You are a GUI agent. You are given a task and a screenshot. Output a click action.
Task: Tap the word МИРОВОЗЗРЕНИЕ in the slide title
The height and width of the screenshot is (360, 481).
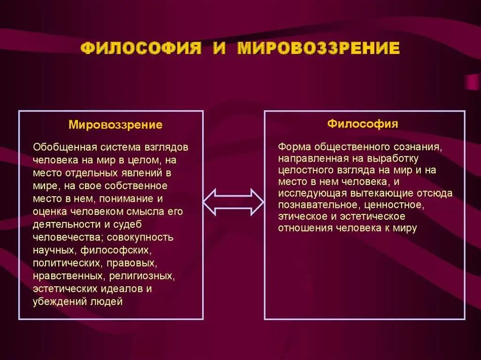[319, 49]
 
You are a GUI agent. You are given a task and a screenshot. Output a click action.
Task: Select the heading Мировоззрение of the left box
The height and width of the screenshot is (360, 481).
[116, 125]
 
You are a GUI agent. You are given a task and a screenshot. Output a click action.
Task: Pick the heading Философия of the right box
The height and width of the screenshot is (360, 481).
[363, 124]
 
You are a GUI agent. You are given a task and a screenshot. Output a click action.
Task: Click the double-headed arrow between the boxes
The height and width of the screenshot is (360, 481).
[233, 202]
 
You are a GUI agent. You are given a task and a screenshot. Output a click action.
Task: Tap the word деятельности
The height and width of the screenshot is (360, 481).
[62, 224]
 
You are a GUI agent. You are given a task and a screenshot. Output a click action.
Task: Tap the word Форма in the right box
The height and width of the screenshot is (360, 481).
[291, 146]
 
